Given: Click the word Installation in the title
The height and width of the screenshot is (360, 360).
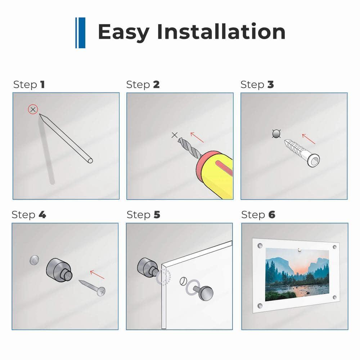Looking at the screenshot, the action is coord(221,32).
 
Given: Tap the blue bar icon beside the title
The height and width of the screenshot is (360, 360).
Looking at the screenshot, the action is coord(80,33).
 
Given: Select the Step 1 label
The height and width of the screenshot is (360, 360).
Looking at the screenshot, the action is coord(29,85).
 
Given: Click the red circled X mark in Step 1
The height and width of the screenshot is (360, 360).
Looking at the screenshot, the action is coord(33,109).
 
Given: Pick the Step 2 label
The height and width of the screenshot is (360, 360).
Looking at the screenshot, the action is coord(143,85).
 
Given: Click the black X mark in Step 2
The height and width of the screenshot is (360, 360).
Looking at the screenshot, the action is coord(175,135).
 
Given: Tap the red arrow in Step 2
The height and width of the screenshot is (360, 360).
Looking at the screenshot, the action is coord(197,137).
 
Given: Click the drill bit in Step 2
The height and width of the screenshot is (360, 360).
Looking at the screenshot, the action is coord(190,148).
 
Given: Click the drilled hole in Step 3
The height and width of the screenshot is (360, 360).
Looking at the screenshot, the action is coord(276,134).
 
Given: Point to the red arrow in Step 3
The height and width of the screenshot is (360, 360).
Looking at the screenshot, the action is coord(309,139).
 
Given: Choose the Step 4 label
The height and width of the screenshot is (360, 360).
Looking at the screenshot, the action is coord(29,215).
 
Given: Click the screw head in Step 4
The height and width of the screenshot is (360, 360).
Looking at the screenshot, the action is coord(101,292).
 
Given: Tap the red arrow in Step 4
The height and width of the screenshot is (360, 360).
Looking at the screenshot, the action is coord(97,275).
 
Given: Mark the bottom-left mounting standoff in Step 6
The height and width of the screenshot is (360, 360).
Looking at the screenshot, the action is coord(260,306).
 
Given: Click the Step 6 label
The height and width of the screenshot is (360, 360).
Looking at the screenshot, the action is coord(258,215).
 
